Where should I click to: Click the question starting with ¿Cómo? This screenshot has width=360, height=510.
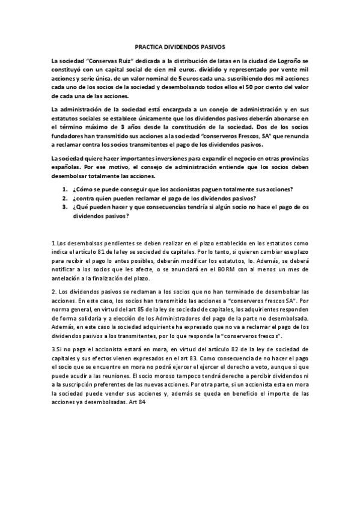(183, 189)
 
